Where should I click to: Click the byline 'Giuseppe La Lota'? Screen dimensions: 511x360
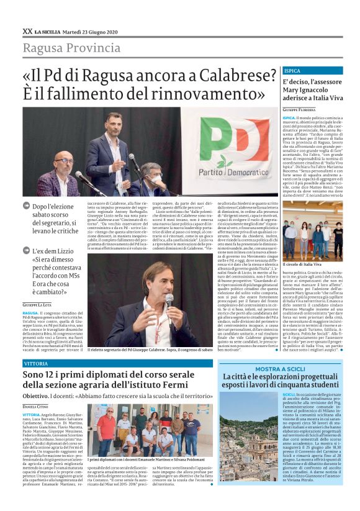click(38, 305)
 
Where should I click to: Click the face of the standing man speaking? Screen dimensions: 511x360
click(114, 123)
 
